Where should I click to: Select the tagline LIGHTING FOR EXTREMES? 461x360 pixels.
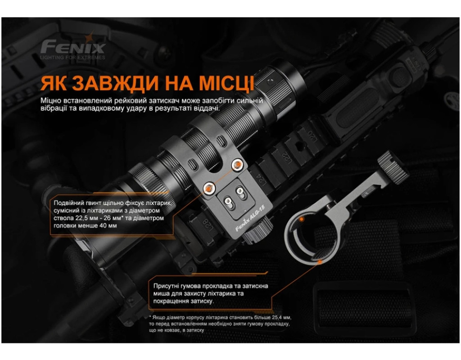[72, 57]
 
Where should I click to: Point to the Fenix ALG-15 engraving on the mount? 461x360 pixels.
[250, 218]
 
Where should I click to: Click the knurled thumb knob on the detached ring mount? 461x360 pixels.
[393, 166]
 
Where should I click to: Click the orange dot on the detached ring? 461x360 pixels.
[301, 220]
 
